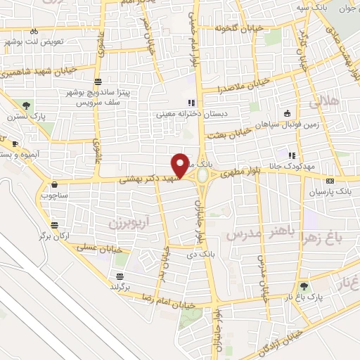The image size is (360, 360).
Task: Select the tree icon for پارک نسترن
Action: point(27,106)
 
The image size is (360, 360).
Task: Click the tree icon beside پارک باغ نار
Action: point(303,286)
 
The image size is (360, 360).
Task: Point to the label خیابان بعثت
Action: point(233,131)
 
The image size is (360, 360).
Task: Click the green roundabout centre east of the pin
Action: point(202,175)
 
